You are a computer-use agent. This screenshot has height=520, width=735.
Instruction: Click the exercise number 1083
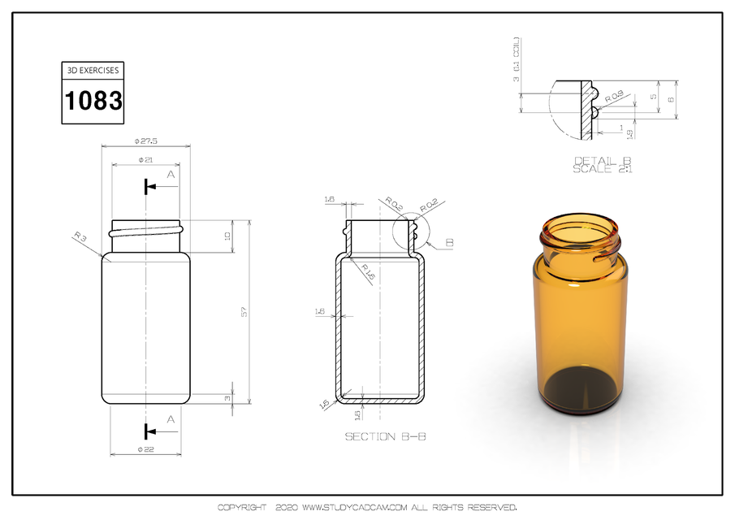pyautogui.click(x=93, y=101)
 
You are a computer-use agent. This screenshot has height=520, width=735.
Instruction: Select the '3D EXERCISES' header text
pyautogui.click(x=93, y=71)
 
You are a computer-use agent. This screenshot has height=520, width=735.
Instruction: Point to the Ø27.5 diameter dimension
pyautogui.click(x=145, y=141)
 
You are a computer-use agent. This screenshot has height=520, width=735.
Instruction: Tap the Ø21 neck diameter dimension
pyautogui.click(x=146, y=159)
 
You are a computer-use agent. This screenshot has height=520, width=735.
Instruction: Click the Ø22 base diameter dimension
pyautogui.click(x=146, y=449)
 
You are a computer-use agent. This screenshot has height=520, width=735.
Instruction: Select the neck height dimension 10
pyautogui.click(x=228, y=236)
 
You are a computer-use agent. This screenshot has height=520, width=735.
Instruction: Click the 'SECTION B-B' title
pyautogui.click(x=386, y=436)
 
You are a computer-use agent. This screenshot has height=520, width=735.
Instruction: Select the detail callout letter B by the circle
pyautogui.click(x=450, y=243)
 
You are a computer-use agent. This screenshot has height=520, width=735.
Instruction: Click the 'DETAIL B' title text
pyautogui.click(x=603, y=160)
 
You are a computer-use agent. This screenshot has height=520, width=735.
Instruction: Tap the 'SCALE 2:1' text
pyautogui.click(x=603, y=169)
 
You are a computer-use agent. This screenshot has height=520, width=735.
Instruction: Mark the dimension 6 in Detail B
pyautogui.click(x=670, y=100)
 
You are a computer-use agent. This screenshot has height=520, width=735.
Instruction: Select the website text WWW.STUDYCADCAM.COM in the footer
pyautogui.click(x=353, y=508)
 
